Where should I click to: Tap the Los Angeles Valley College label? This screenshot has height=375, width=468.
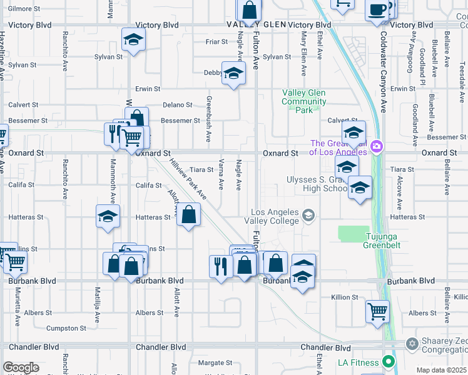pyautogui.click(x=275, y=216)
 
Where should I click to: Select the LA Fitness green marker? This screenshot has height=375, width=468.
pyautogui.click(x=389, y=362)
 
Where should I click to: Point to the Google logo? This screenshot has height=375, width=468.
pyautogui.click(x=21, y=367)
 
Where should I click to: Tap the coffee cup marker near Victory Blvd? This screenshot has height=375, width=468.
pyautogui.click(x=377, y=11)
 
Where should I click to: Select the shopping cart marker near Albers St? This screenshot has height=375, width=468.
pyautogui.click(x=377, y=311)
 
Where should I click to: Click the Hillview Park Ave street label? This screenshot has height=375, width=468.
pyautogui.click(x=188, y=178)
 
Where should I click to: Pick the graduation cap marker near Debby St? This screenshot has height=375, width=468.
pyautogui.click(x=233, y=74)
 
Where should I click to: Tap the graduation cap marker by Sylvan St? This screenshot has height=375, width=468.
pyautogui.click(x=133, y=41)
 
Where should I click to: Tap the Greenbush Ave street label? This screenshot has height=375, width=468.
pyautogui.click(x=209, y=118)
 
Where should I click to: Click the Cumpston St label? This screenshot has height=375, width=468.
pyautogui.click(x=66, y=328)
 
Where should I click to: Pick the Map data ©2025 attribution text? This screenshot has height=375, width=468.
pyautogui.click(x=441, y=370)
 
